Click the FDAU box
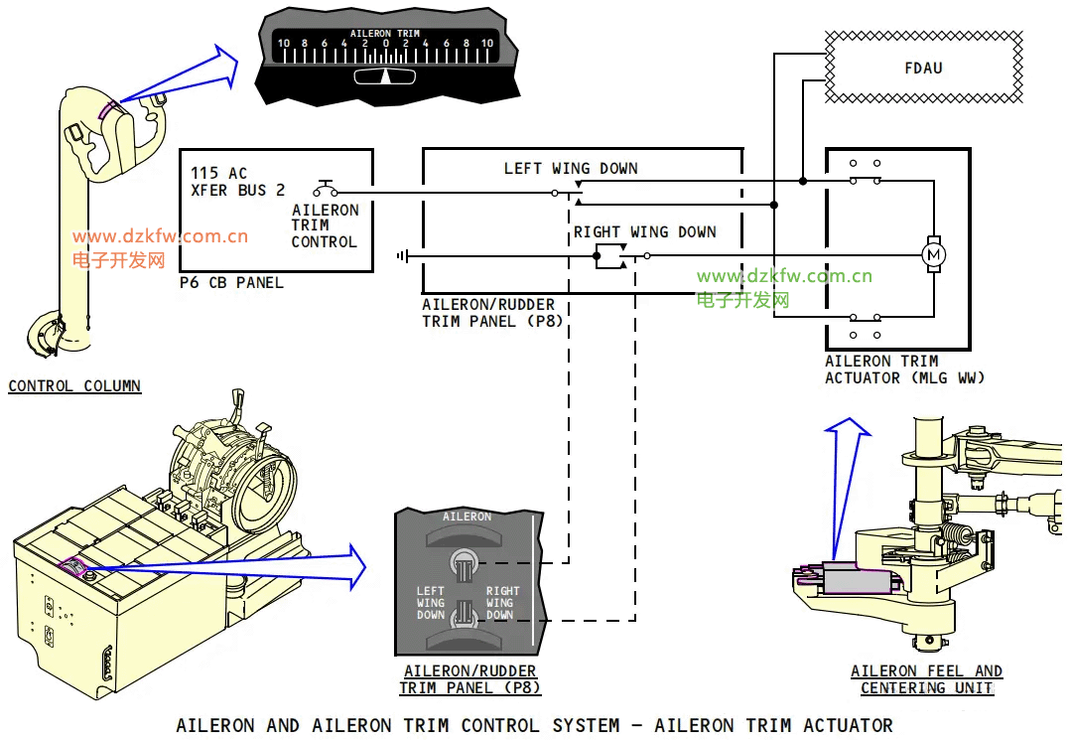923,68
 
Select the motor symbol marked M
933,255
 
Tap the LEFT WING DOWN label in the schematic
570,169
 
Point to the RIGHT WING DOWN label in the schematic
644,232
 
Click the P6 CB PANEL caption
231,283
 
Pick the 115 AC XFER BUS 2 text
238,182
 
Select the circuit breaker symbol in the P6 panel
326,190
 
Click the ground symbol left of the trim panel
402,256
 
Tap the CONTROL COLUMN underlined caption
74,386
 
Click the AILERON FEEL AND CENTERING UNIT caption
926,679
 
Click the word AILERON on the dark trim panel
467,517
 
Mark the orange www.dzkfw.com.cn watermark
160,237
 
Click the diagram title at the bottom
534,726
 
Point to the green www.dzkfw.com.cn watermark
784,276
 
